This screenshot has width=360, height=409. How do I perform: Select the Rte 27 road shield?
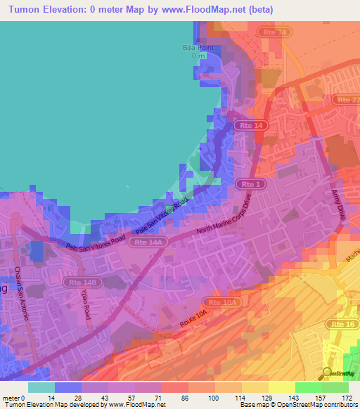click(x=347, y=100)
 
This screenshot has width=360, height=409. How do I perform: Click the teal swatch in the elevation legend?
click(x=41, y=387)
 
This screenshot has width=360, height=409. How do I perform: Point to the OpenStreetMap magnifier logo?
click(x=327, y=373)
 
